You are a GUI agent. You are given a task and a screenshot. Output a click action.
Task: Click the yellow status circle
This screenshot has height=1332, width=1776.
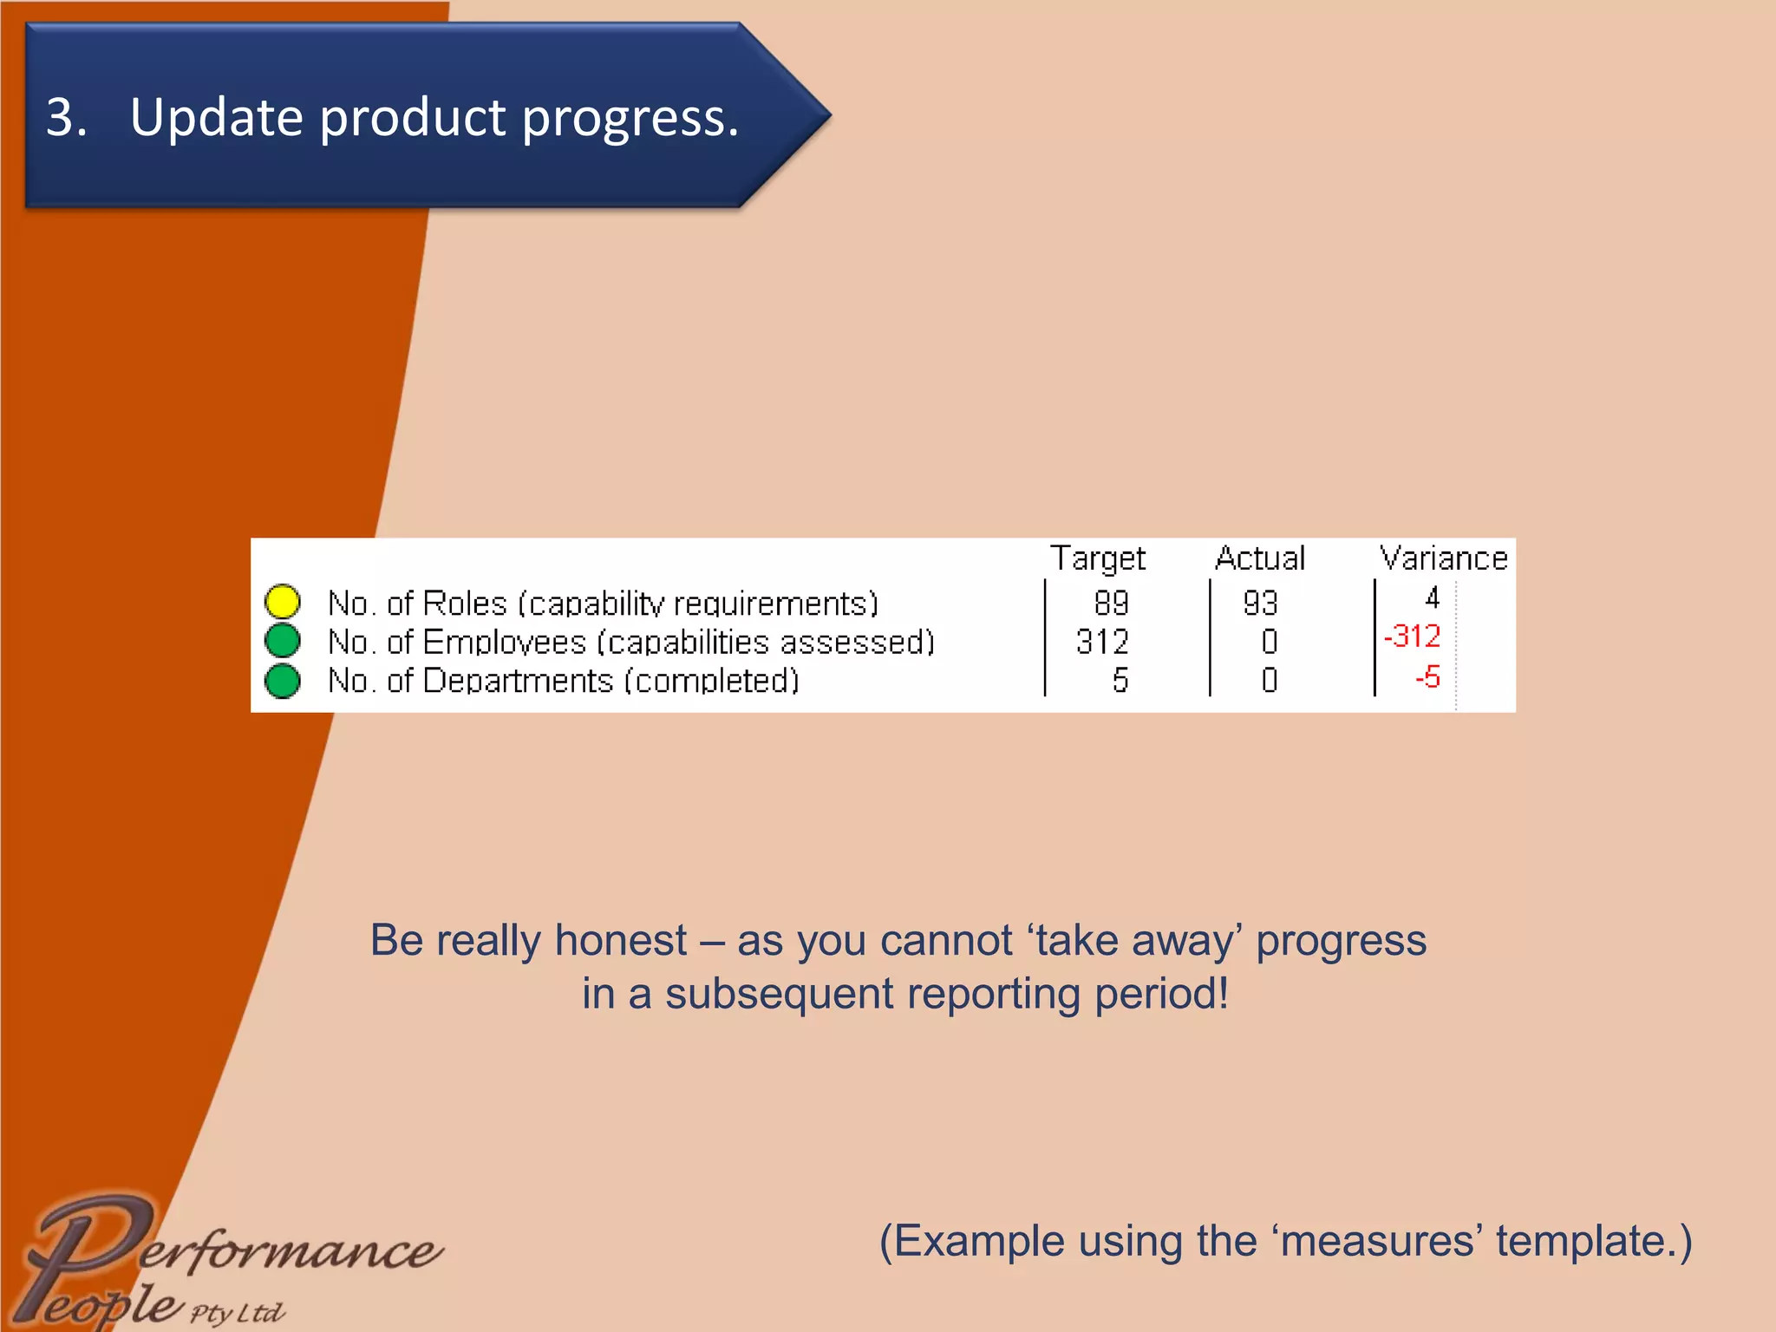click(x=283, y=601)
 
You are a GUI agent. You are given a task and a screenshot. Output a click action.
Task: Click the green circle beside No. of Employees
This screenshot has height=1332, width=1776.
click(x=283, y=641)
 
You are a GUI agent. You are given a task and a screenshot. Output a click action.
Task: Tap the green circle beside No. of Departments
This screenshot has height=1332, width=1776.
click(x=283, y=681)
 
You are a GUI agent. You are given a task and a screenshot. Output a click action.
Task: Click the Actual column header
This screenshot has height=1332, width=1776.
click(x=1260, y=558)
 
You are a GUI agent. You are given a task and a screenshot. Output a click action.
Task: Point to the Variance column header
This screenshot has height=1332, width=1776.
click(x=1444, y=558)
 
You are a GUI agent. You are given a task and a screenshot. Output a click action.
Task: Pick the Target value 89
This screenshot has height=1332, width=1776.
click(x=1111, y=603)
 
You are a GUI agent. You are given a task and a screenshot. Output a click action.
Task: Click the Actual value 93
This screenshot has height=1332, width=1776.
click(x=1260, y=603)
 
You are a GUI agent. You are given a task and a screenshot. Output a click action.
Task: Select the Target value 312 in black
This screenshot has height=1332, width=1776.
click(x=1102, y=642)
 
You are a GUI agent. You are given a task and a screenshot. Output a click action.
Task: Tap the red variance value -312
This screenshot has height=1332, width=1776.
click(x=1413, y=637)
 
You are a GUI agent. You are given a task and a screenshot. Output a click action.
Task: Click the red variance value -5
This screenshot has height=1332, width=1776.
click(x=1427, y=676)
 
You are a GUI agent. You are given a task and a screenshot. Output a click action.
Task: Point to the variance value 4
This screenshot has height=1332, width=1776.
click(x=1433, y=597)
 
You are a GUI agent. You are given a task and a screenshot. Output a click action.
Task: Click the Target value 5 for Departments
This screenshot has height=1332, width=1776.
click(x=1120, y=680)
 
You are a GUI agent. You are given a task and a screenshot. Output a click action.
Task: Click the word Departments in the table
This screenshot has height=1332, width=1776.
click(x=518, y=681)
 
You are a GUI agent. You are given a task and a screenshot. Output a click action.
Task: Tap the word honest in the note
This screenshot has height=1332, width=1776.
click(x=621, y=941)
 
